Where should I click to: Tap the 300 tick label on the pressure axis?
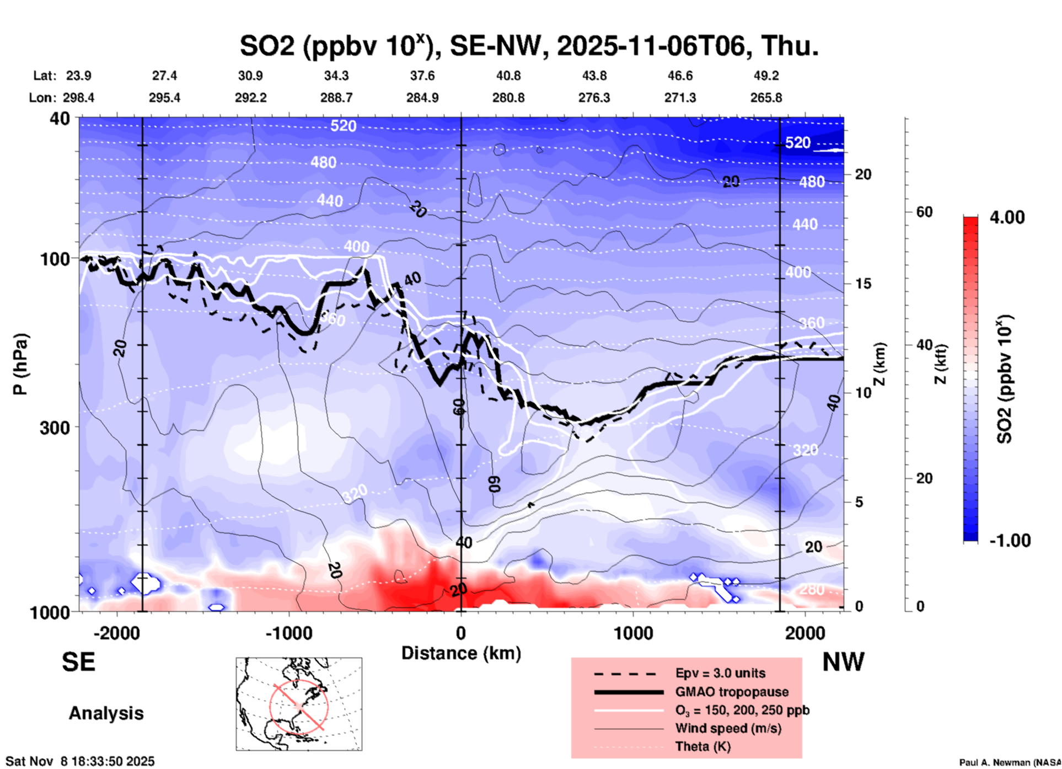(55, 428)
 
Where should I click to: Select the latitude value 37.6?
(422, 76)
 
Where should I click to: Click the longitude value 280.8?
(508, 98)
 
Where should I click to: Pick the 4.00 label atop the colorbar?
(1007, 217)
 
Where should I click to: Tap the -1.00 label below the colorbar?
(1010, 541)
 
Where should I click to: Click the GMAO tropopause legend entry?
(731, 692)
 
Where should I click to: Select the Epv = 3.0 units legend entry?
(720, 674)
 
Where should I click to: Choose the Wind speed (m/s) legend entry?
(728, 728)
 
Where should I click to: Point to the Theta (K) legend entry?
(702, 746)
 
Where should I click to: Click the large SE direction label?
(78, 662)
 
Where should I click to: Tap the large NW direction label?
(843, 662)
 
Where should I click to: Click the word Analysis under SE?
(106, 713)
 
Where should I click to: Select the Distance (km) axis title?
(461, 653)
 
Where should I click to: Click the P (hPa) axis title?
(20, 364)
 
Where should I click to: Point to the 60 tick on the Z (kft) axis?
(924, 212)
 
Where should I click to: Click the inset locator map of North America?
(299, 704)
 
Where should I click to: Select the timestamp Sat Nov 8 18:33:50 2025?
(80, 762)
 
